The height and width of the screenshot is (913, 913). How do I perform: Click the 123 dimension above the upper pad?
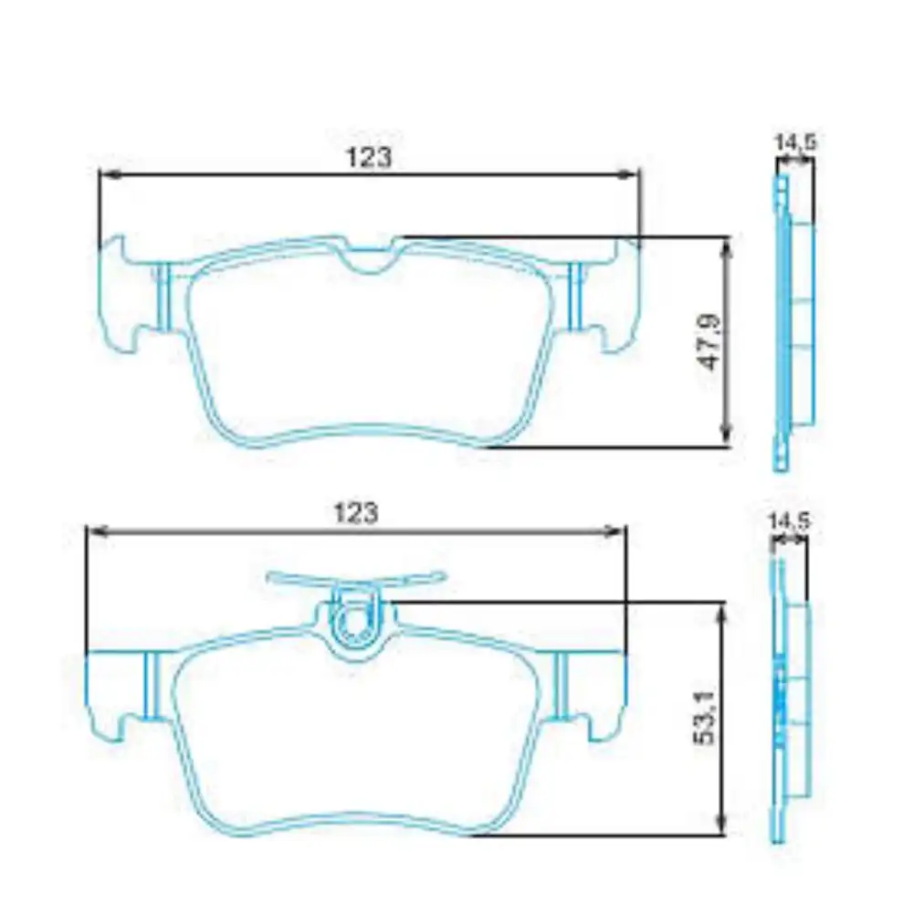(369, 157)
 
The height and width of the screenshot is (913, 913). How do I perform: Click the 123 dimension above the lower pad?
(356, 512)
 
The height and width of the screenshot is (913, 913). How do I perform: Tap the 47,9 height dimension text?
(710, 342)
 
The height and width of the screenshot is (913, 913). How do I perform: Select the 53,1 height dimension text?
(705, 718)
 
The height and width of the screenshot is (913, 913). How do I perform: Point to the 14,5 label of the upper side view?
(795, 142)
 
